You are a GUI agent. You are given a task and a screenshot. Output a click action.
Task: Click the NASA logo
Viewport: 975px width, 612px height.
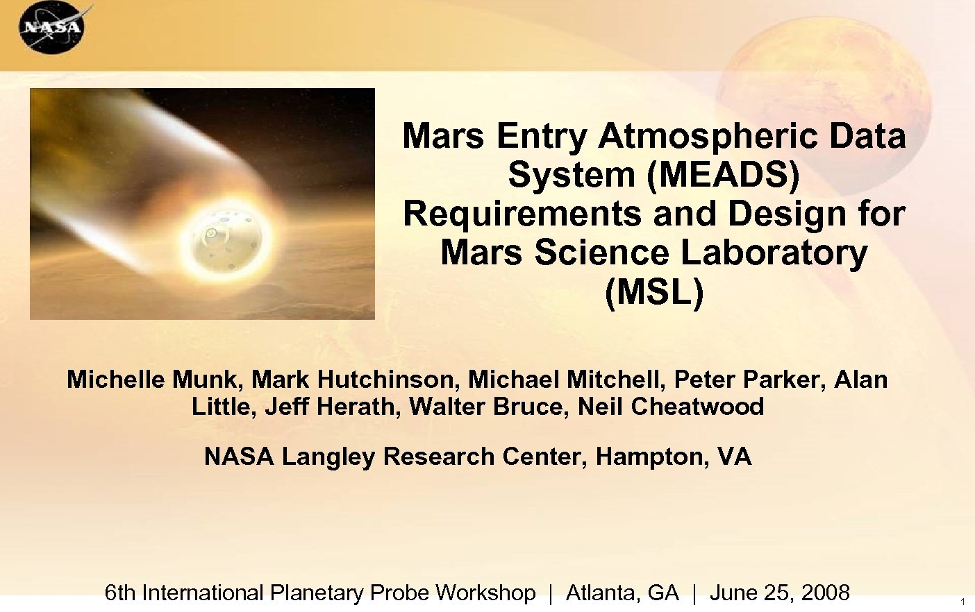coord(51,28)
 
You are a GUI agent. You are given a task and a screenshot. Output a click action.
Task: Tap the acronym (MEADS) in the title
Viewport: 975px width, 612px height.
coord(723,174)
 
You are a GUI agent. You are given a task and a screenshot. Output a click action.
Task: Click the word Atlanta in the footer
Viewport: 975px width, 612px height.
coord(603,593)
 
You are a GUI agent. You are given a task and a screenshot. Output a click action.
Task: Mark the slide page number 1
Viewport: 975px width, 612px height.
coord(962,602)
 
